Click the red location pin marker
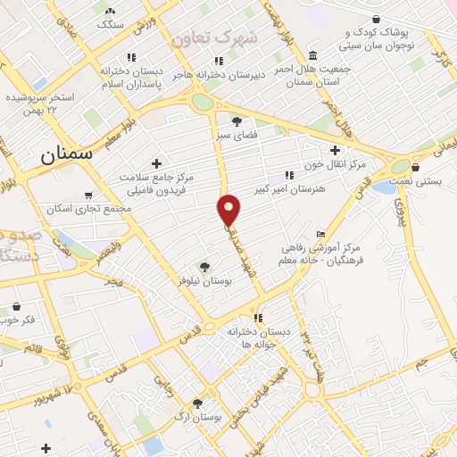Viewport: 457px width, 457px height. [x=229, y=210]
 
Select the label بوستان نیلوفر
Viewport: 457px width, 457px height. [x=204, y=280]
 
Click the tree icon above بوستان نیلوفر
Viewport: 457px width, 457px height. [x=204, y=266]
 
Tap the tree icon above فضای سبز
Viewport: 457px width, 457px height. [x=237, y=120]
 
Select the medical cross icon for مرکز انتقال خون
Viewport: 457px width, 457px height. [x=336, y=150]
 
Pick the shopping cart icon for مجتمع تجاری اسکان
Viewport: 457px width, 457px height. [x=87, y=195]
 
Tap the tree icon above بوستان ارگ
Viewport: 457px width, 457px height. [x=198, y=403]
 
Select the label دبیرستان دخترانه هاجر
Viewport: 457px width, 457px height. [x=219, y=75]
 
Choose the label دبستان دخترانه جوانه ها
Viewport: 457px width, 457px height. [x=259, y=337]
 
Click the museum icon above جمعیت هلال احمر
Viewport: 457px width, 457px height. [x=312, y=54]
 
